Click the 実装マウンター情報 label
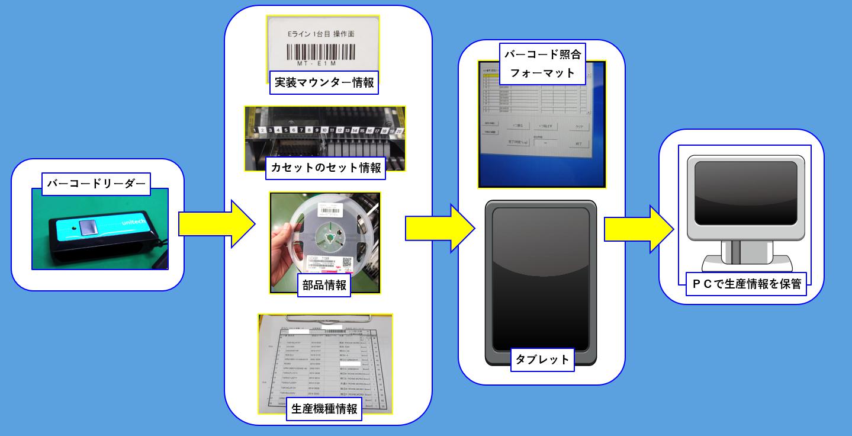coord(324,83)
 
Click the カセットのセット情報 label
coord(326,168)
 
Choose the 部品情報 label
coord(325,284)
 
